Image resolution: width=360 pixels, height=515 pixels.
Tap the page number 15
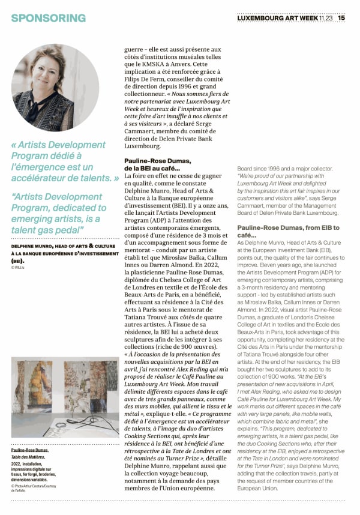coord(341,17)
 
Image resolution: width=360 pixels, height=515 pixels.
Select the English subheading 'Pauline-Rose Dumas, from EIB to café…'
coord(288,232)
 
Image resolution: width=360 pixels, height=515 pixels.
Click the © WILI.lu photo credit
coord(20,267)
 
